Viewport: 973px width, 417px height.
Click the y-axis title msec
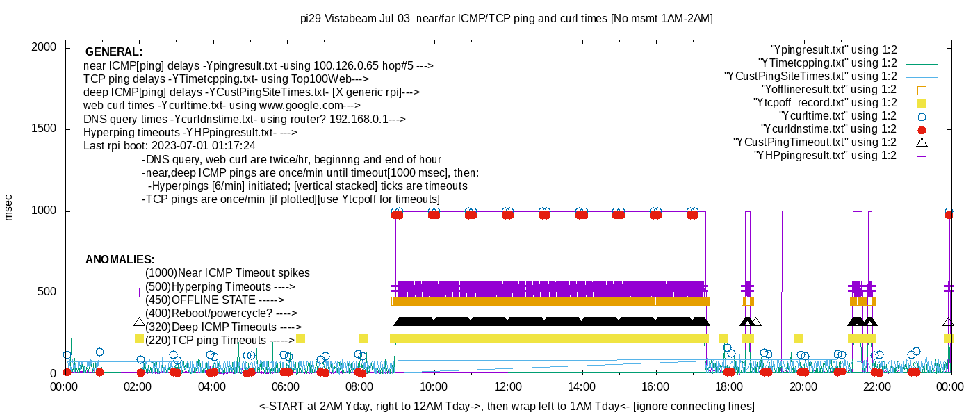tap(9, 207)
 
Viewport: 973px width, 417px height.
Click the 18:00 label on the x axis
tap(729, 388)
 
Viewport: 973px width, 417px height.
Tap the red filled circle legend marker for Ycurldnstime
tap(922, 129)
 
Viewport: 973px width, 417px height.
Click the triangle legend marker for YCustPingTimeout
tap(922, 142)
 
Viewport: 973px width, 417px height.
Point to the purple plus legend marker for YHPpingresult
tap(922, 156)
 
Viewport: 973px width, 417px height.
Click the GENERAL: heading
tap(114, 52)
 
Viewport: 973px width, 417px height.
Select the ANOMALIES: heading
tap(120, 260)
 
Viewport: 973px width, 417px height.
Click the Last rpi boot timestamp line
tap(170, 146)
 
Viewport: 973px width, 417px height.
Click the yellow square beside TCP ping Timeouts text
tap(139, 339)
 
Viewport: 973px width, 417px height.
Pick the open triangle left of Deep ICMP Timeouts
tap(139, 322)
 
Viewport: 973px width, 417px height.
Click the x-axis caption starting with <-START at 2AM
tap(507, 406)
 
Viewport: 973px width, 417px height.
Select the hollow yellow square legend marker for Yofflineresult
tap(922, 90)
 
